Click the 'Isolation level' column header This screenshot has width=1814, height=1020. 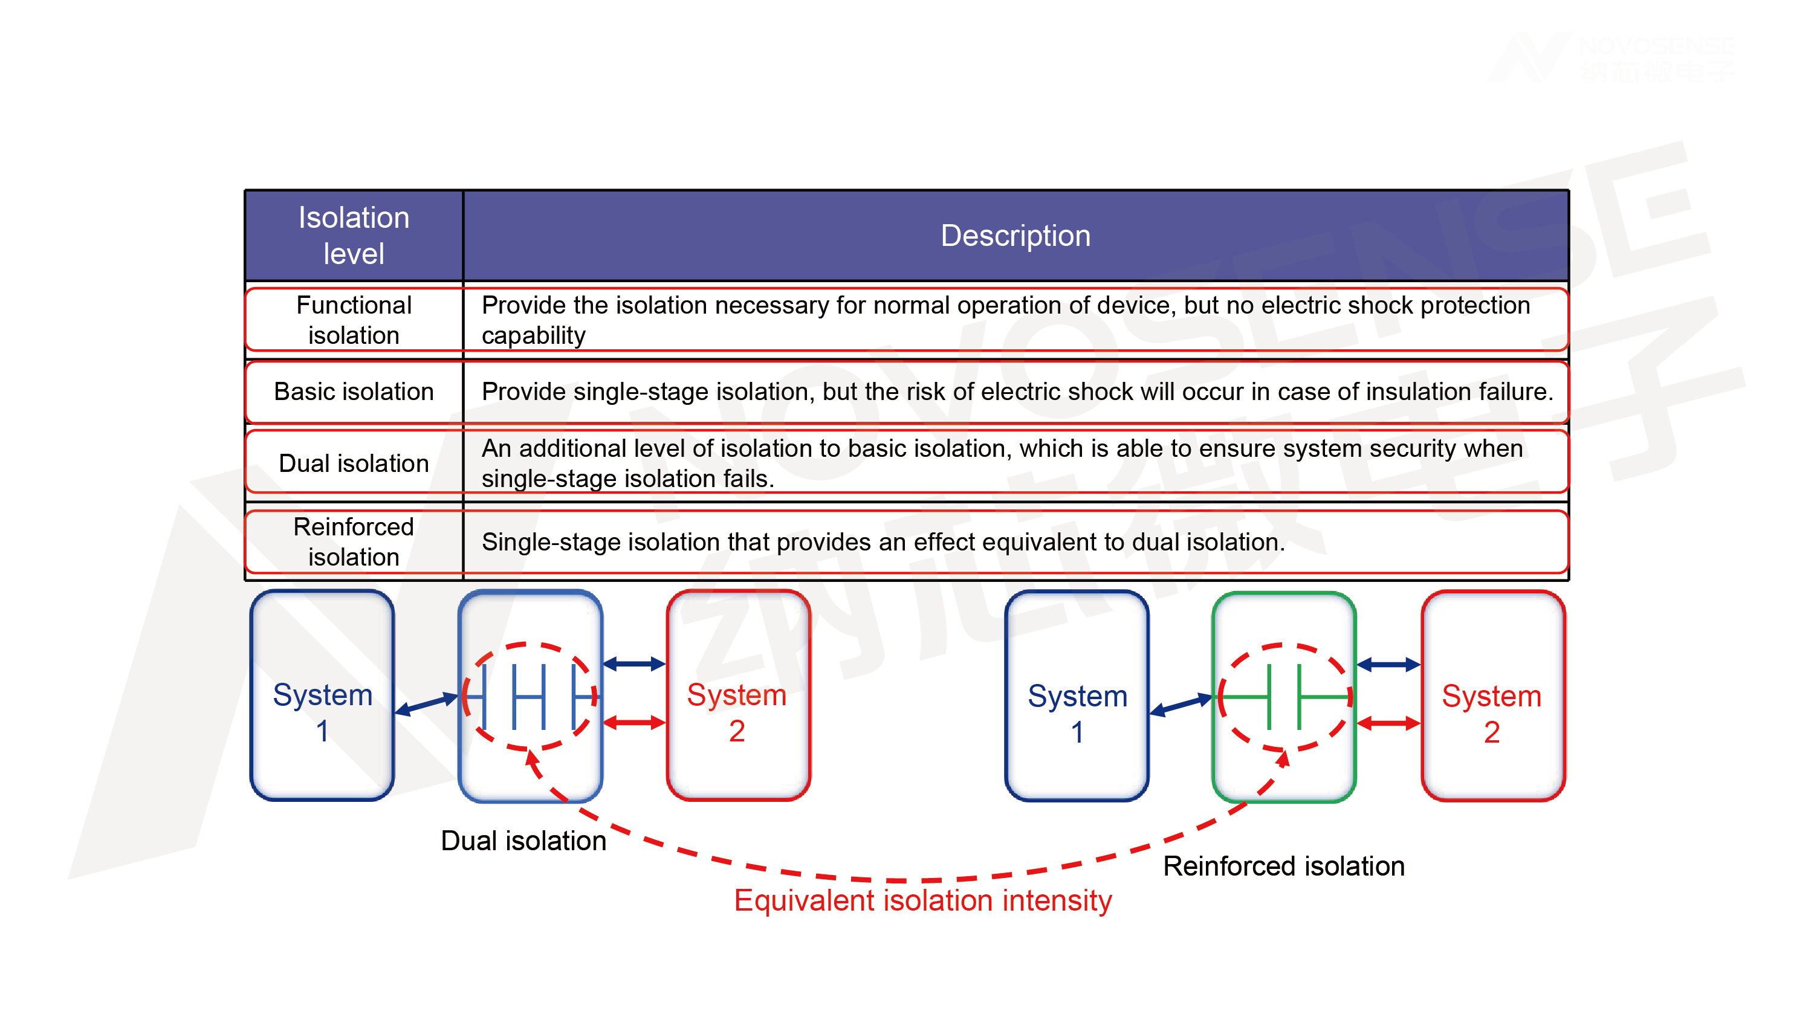click(354, 235)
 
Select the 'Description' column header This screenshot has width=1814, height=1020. click(1015, 235)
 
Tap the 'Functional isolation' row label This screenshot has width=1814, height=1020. click(354, 320)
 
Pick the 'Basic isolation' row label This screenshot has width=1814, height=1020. click(354, 392)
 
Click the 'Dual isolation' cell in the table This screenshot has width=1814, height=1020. click(354, 463)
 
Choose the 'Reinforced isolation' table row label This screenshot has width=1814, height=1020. click(354, 541)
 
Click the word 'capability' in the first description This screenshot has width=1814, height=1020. click(533, 336)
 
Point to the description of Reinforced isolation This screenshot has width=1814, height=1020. click(883, 542)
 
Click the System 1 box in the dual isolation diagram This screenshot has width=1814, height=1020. click(322, 696)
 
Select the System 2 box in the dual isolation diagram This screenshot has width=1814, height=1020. click(737, 696)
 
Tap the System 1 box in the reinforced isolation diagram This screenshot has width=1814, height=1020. click(1077, 696)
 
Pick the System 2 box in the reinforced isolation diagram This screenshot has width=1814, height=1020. click(1492, 696)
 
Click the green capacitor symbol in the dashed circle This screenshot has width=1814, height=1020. click(1284, 697)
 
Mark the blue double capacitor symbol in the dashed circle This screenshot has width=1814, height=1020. click(529, 697)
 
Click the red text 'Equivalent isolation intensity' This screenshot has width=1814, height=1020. click(922, 900)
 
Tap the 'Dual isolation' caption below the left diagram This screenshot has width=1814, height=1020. click(523, 841)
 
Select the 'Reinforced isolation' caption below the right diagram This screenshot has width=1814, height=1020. click(1283, 866)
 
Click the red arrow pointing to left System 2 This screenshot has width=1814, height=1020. click(633, 722)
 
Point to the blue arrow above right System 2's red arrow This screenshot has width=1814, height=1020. click(1387, 665)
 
